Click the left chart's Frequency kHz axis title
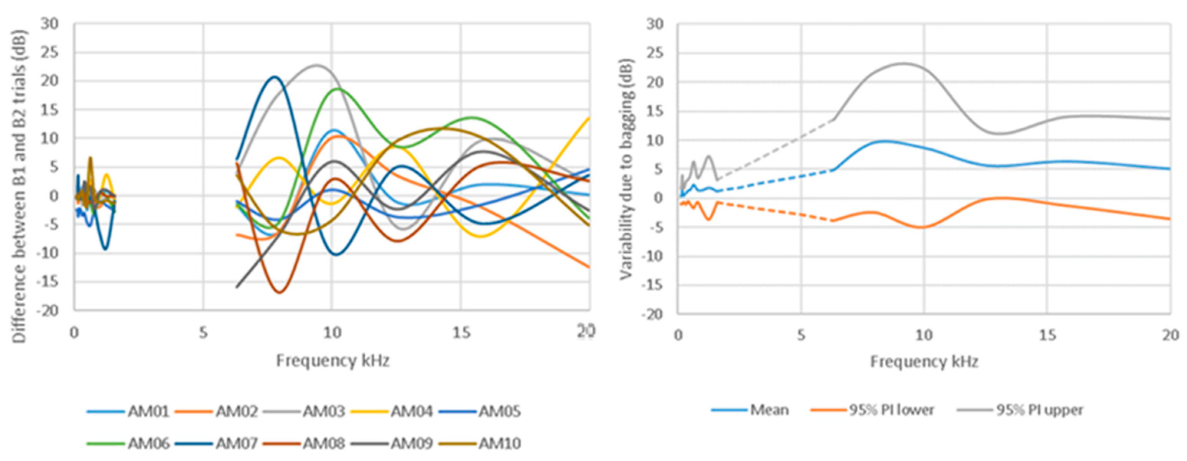coord(333,361)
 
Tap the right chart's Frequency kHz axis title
coord(924,361)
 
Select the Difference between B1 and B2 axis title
coord(19,187)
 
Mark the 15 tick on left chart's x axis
coord(461,333)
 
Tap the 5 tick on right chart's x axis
coord(801,335)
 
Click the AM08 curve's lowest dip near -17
coord(280,292)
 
